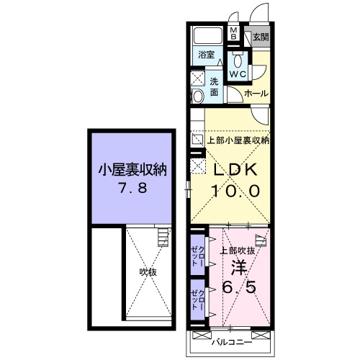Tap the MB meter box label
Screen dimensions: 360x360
click(x=234, y=35)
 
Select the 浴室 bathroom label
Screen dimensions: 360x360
click(x=207, y=54)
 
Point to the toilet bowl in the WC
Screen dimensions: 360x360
click(x=238, y=58)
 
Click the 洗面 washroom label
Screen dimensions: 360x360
click(x=215, y=87)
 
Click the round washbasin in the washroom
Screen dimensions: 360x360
click(x=197, y=96)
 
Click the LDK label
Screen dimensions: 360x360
click(x=233, y=171)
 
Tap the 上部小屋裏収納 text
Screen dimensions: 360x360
click(x=238, y=140)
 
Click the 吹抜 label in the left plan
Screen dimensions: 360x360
click(x=148, y=272)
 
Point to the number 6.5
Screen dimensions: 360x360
click(x=238, y=287)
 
